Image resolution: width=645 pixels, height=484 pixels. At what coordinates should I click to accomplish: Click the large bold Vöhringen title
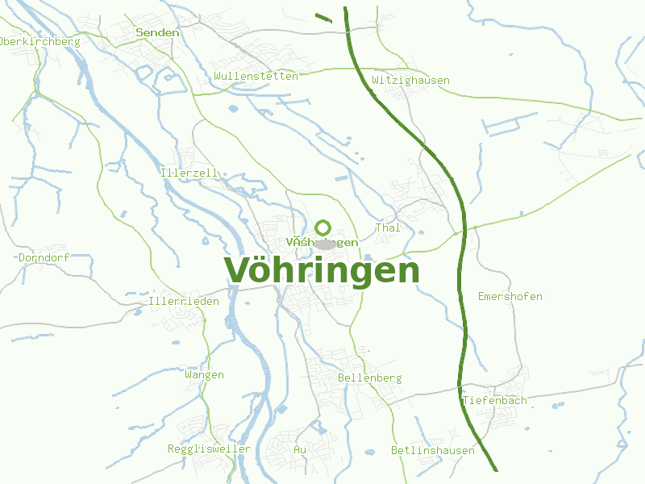(322, 271)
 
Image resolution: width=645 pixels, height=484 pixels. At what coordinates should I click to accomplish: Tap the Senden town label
(158, 32)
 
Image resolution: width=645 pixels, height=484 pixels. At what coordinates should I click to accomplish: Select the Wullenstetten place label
(256, 76)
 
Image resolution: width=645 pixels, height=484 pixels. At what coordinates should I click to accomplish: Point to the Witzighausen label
(410, 81)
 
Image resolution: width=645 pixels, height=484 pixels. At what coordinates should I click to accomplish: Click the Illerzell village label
(189, 173)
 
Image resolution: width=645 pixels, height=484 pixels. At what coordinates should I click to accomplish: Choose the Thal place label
(388, 228)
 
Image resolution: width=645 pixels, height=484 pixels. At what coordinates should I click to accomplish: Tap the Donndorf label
(44, 258)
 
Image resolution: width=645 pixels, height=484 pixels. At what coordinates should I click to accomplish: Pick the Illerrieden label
(184, 302)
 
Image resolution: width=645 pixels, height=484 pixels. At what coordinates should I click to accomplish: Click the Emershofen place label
(510, 297)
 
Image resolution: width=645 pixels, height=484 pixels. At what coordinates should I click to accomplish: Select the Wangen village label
(204, 375)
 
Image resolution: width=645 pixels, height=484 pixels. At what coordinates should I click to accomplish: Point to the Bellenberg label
(369, 378)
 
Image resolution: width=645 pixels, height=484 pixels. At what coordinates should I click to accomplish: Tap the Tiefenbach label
(494, 400)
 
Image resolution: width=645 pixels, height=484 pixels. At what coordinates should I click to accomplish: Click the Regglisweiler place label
(209, 449)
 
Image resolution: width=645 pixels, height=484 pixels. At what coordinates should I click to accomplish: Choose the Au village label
(300, 449)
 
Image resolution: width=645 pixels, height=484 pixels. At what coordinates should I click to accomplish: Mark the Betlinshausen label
(432, 450)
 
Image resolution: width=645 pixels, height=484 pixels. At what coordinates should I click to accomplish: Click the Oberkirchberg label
(40, 42)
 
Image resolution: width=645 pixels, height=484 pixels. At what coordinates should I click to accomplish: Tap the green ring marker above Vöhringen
(323, 227)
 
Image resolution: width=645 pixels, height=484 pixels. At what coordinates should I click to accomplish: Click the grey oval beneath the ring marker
(325, 244)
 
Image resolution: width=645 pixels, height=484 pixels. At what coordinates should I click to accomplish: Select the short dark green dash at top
(322, 17)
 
